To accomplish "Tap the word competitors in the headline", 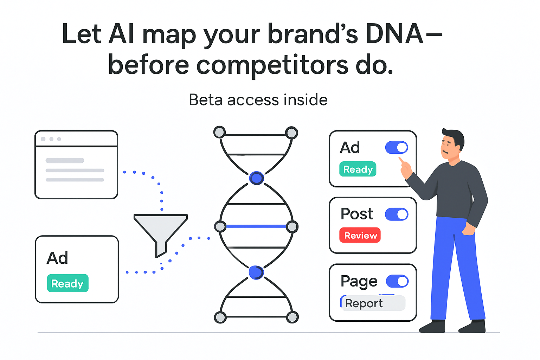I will click(x=272, y=65).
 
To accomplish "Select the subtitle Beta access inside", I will click(x=258, y=100).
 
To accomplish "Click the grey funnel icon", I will click(x=161, y=230).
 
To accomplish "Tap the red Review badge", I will click(x=360, y=235).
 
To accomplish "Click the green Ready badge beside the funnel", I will click(x=67, y=283).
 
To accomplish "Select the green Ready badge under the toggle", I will click(x=358, y=169).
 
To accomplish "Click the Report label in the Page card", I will click(x=364, y=303).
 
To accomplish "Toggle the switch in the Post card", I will click(x=397, y=214).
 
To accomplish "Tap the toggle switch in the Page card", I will click(x=397, y=281).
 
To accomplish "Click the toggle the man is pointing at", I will click(x=397, y=147).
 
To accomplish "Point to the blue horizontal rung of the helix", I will click(x=256, y=226).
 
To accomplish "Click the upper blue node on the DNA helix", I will click(x=256, y=178).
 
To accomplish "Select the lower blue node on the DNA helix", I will click(x=256, y=272).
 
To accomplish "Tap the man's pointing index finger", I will click(x=401, y=161).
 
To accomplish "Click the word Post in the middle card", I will click(x=357, y=214).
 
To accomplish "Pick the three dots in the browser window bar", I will click(x=51, y=139).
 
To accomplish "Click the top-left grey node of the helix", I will click(x=220, y=133).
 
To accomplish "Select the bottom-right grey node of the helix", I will click(x=292, y=317).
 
